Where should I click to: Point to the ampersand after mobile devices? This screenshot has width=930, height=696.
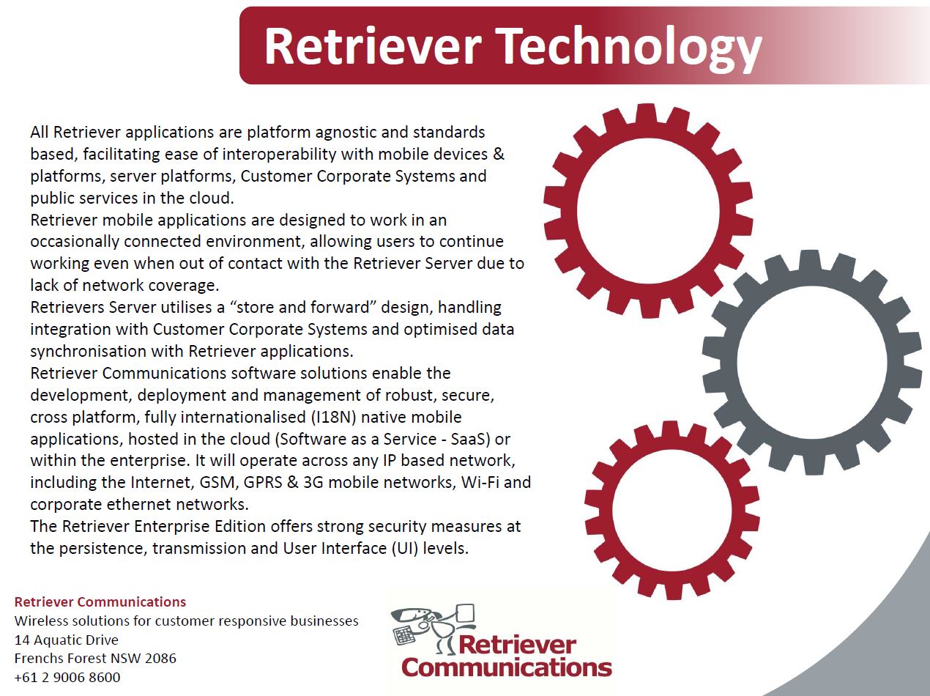(x=499, y=154)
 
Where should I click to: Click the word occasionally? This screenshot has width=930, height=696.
(x=75, y=242)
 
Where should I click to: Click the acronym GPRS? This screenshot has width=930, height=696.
(x=263, y=483)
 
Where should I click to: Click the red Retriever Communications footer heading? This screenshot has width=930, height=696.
(x=100, y=602)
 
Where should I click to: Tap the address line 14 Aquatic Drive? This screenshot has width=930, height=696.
(x=66, y=640)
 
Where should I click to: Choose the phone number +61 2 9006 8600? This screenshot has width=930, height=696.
(x=67, y=678)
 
